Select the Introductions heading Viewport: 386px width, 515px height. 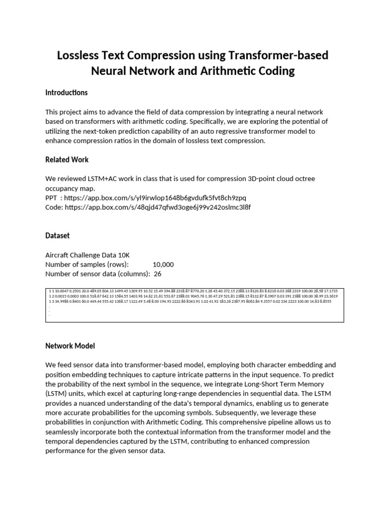click(x=66, y=93)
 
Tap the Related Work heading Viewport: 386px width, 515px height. click(x=67, y=159)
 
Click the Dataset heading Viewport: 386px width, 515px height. click(x=57, y=235)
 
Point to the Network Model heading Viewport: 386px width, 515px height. click(x=70, y=346)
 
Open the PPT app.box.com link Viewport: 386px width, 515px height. click(x=155, y=198)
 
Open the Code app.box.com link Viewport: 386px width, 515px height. click(x=157, y=207)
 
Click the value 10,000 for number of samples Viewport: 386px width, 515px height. click(x=163, y=265)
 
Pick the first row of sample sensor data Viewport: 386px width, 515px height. click(x=191, y=291)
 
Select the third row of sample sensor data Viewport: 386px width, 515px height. click(x=191, y=301)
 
